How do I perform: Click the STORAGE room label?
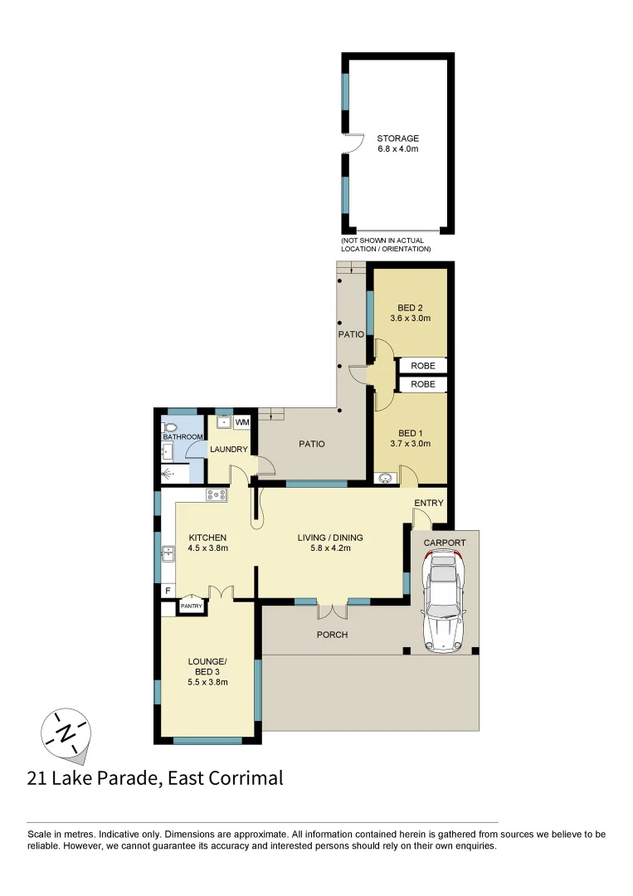398,139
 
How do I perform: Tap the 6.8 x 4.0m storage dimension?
398,149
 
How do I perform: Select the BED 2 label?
410,308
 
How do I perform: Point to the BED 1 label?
410,433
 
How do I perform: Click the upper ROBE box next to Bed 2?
423,365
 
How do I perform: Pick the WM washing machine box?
242,422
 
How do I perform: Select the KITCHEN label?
207,538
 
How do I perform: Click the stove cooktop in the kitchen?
217,495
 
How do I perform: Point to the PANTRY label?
192,606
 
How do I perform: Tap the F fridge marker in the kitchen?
168,591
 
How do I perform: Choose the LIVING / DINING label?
330,538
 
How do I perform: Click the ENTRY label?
429,503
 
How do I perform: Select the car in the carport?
444,602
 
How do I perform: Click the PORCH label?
332,635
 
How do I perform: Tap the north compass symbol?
65,734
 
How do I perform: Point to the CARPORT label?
445,543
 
